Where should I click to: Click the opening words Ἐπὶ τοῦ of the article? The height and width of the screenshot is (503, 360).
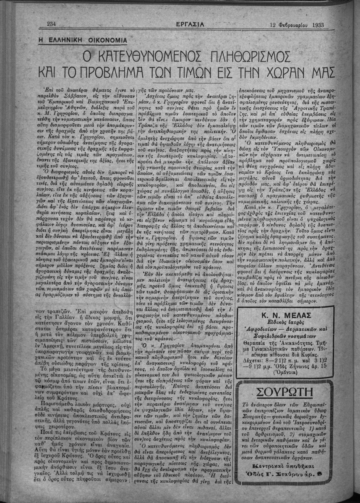(x=56, y=90)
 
